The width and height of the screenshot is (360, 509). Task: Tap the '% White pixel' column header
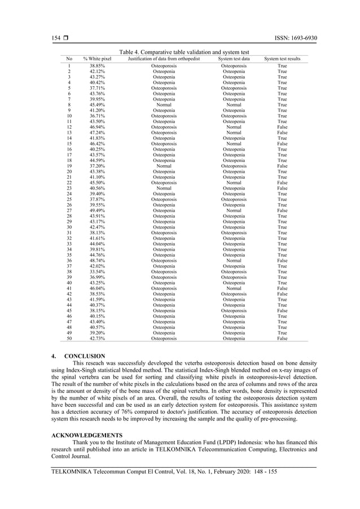97,59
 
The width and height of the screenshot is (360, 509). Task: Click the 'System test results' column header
282,59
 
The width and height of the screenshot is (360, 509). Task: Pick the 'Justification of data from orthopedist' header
164,59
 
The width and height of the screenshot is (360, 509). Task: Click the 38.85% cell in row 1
97,66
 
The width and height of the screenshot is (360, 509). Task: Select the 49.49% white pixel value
97,210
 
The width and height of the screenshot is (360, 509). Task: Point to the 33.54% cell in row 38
97,271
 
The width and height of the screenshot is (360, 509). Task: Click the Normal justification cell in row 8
164,105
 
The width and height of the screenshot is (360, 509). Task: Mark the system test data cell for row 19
234,166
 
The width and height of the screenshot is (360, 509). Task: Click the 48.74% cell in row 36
97,260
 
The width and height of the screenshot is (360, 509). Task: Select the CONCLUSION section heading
85,357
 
